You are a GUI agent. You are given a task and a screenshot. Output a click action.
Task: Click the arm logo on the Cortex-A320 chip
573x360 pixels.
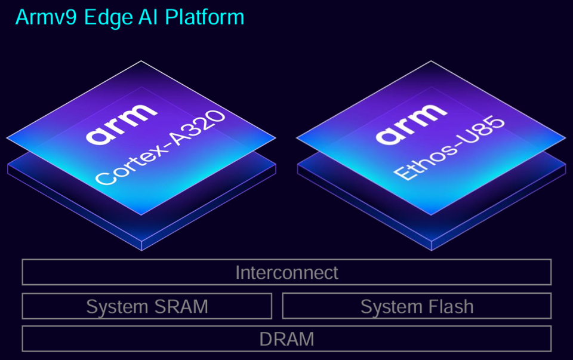[x=122, y=125]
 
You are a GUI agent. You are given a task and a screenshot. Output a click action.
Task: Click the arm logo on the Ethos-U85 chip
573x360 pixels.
[x=411, y=125]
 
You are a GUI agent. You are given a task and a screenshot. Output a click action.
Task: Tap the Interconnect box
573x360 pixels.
[x=286, y=272]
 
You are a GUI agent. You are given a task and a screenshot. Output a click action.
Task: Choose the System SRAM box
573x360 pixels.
[x=147, y=306]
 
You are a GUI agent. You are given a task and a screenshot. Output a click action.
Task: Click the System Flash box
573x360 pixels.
[x=417, y=306]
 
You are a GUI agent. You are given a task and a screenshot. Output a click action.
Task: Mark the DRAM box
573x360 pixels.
[x=286, y=339]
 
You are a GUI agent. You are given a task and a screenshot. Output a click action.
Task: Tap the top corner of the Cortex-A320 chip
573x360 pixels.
[x=141, y=61]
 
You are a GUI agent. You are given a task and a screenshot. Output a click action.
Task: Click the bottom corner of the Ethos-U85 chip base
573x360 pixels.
[x=431, y=250]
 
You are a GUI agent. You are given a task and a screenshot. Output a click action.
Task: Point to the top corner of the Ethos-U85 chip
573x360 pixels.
[x=431, y=61]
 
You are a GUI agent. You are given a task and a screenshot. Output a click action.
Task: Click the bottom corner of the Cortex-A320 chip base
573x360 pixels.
[x=141, y=250]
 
